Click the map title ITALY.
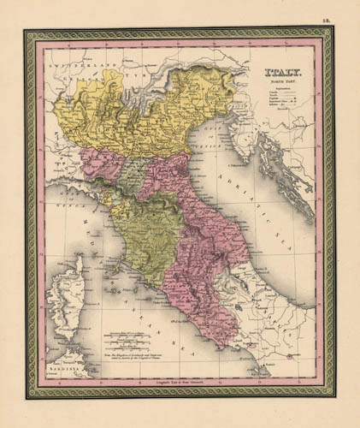point(280,75)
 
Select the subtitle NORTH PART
point(280,85)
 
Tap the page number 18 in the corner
point(340,11)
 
